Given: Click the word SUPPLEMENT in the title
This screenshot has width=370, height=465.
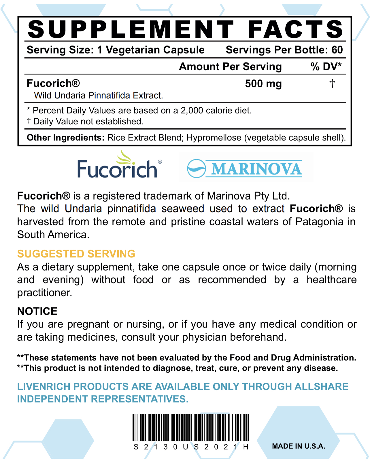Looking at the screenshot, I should [131, 29].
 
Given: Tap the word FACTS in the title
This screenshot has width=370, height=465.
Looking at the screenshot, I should [295, 29].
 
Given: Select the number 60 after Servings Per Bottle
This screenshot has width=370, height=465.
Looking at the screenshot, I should [337, 50].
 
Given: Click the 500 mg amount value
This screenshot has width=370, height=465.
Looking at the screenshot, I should [263, 84].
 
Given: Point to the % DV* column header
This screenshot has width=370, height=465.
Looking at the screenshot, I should [326, 67].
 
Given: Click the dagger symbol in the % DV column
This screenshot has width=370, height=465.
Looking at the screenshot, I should [332, 84].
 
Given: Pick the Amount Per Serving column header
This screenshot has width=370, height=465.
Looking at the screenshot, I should [230, 67].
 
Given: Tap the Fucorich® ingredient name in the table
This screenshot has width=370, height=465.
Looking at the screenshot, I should [53, 83].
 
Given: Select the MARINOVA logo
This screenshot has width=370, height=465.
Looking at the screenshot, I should [245, 168].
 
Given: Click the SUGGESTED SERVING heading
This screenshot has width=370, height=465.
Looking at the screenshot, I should [76, 254].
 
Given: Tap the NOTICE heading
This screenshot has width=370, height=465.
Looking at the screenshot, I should [37, 311].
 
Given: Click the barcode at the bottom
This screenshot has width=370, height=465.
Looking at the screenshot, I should [191, 428].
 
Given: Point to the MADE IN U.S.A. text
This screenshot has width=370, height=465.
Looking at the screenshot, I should [299, 446].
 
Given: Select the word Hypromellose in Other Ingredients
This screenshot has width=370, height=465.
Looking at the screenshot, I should [214, 138].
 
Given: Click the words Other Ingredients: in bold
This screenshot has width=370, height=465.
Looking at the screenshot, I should [65, 138].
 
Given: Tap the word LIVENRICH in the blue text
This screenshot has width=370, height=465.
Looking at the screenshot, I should [44, 387].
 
